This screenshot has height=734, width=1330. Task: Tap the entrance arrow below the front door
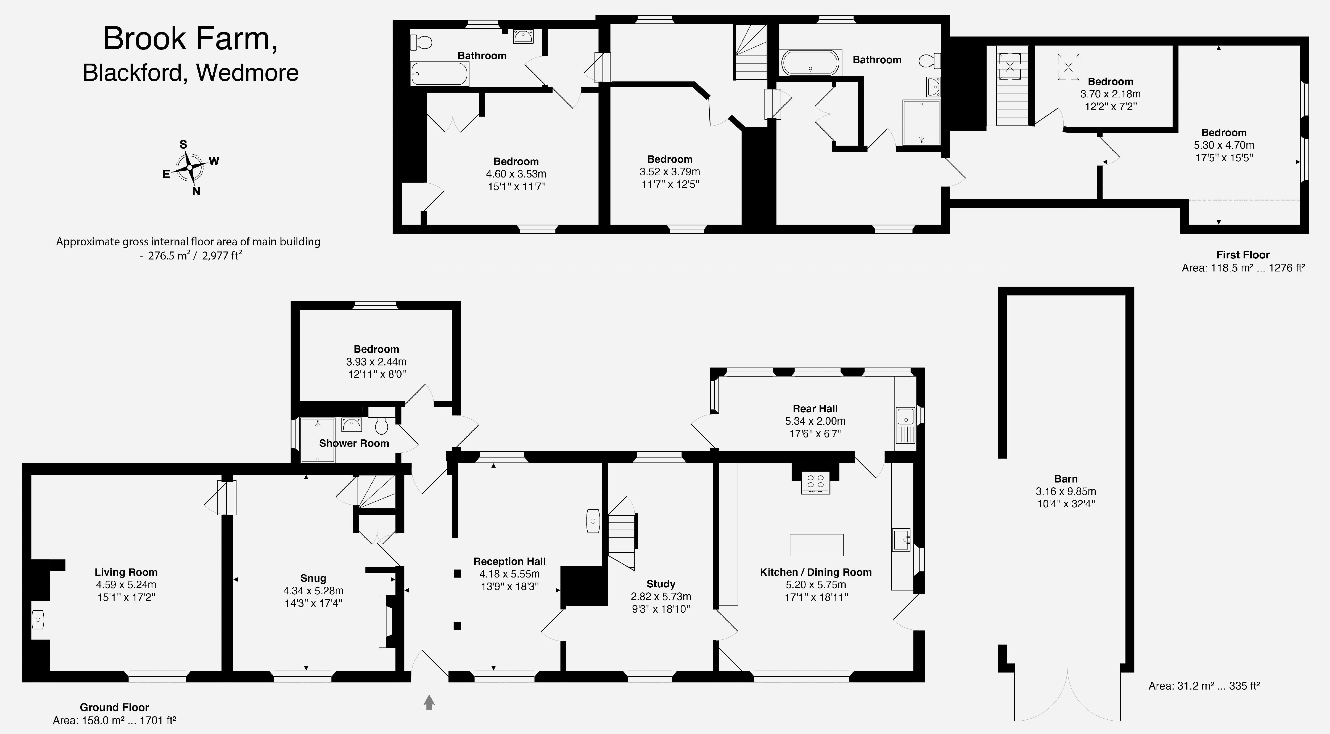(429, 702)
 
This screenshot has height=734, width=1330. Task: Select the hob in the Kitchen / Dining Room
(815, 483)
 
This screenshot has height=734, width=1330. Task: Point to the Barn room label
(1066, 479)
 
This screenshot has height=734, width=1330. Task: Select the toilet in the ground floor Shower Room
(381, 426)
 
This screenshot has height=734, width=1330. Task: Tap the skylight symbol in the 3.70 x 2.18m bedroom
(1068, 67)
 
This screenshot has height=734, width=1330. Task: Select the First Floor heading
(1243, 255)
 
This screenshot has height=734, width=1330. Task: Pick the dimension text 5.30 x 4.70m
(1224, 145)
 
